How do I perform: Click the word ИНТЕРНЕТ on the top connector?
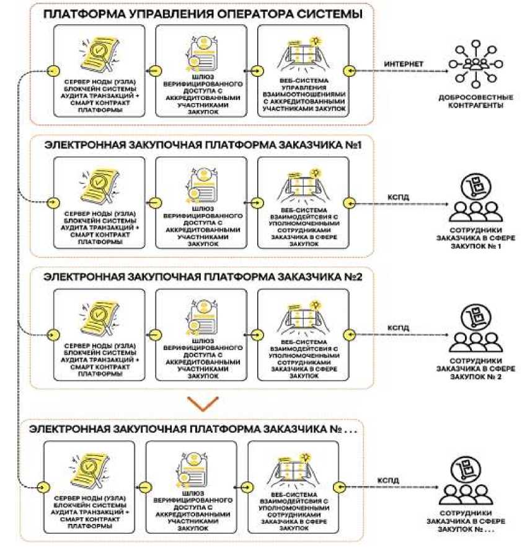[404, 64]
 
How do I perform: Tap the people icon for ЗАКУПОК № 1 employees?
[476, 199]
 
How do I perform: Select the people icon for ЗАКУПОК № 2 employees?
[476, 330]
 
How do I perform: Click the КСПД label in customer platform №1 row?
[397, 197]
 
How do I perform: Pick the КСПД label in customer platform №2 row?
[397, 327]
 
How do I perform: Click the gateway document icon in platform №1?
[201, 185]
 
